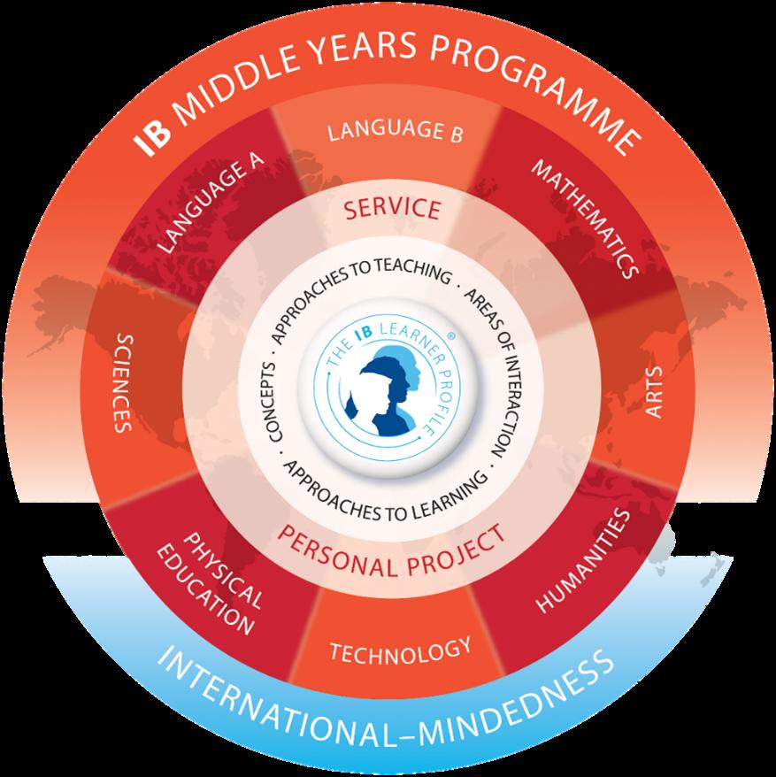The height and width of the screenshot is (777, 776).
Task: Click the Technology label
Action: click(399, 651)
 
